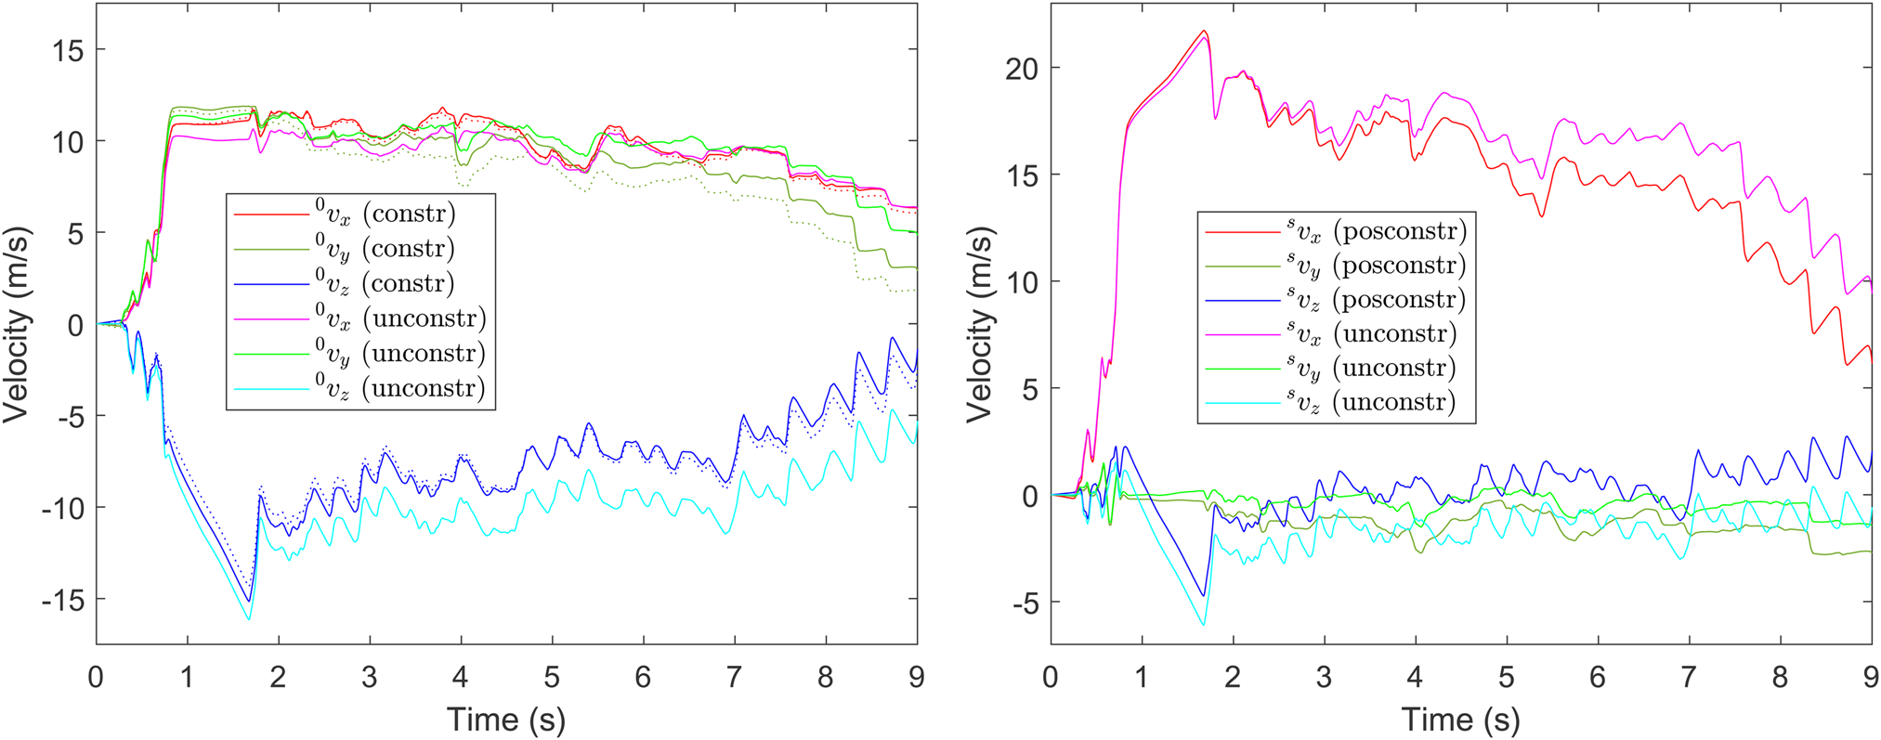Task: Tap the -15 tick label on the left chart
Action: (x=61, y=601)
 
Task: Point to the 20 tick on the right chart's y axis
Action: (x=1020, y=69)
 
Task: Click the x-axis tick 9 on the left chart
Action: (x=916, y=677)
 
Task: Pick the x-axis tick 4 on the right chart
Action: (x=1415, y=677)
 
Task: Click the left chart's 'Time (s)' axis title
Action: (x=506, y=719)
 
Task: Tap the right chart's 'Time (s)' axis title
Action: (x=1460, y=719)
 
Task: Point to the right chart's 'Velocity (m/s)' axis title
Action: (x=979, y=325)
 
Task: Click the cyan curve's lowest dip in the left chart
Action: (x=249, y=619)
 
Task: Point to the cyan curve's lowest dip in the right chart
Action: (x=1204, y=625)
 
